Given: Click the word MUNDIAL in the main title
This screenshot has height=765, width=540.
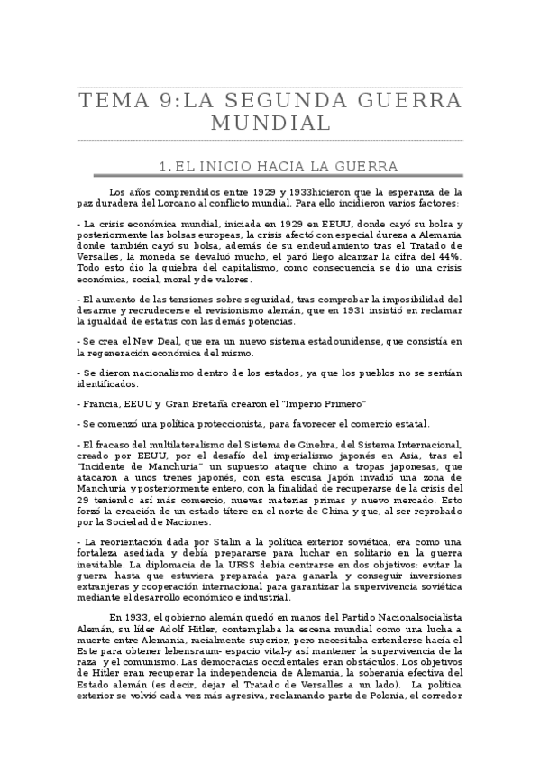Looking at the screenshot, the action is click(270, 123).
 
